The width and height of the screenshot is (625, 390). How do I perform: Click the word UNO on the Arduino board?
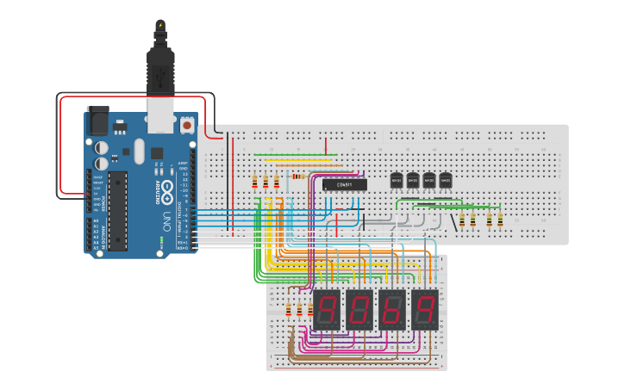click(x=166, y=220)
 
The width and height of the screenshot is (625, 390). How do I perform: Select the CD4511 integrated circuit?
click(x=345, y=183)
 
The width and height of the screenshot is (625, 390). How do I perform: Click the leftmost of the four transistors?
click(x=397, y=180)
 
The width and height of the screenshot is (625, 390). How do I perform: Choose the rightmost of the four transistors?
click(x=446, y=180)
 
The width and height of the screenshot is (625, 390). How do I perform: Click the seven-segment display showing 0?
click(x=358, y=308)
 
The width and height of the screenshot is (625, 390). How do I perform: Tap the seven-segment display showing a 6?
click(x=391, y=308)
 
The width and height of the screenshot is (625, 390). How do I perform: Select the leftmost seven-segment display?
click(x=326, y=308)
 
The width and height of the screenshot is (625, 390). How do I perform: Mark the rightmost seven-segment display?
click(x=423, y=308)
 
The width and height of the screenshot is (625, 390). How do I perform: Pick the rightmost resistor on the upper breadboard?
click(x=500, y=220)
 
